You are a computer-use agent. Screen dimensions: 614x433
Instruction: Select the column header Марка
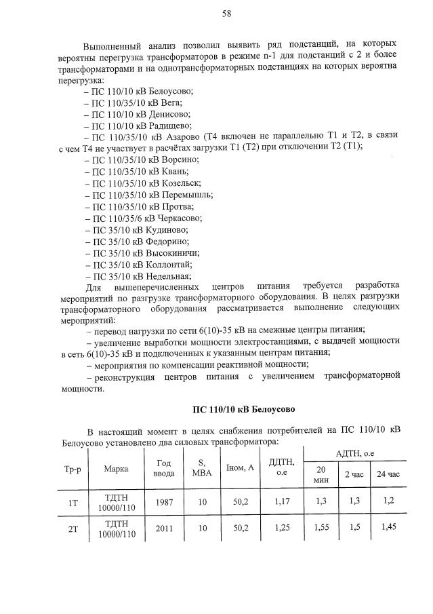coord(116,468)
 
